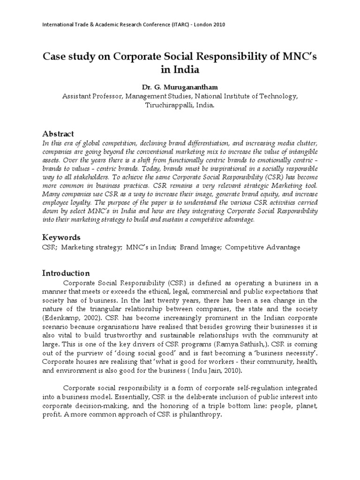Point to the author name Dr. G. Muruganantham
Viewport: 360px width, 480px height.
[180, 88]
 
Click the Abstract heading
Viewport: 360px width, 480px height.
[58, 134]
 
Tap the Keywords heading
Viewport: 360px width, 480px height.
[61, 237]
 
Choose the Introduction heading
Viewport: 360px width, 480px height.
[66, 273]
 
